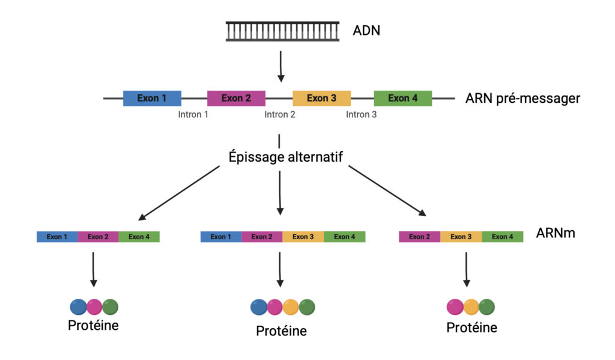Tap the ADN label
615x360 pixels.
coord(366,30)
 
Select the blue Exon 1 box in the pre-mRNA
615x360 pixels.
coord(152,98)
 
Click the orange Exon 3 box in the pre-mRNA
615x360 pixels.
coord(321,98)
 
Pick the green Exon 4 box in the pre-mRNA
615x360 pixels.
coord(402,98)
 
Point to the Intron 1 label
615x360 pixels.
coord(193,114)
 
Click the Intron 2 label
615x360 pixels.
coord(280,114)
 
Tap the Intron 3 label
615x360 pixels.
coord(362,114)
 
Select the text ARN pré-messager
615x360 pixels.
coord(523,98)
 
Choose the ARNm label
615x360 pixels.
coord(556,233)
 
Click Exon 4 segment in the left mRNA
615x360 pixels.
coord(139,237)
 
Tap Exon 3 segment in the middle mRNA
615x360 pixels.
coord(303,237)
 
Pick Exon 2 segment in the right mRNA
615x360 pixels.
coord(419,237)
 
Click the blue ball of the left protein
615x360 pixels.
coord(79,307)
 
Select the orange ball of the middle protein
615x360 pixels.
coord(291,307)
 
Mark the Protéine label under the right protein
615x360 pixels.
coord(471,328)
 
